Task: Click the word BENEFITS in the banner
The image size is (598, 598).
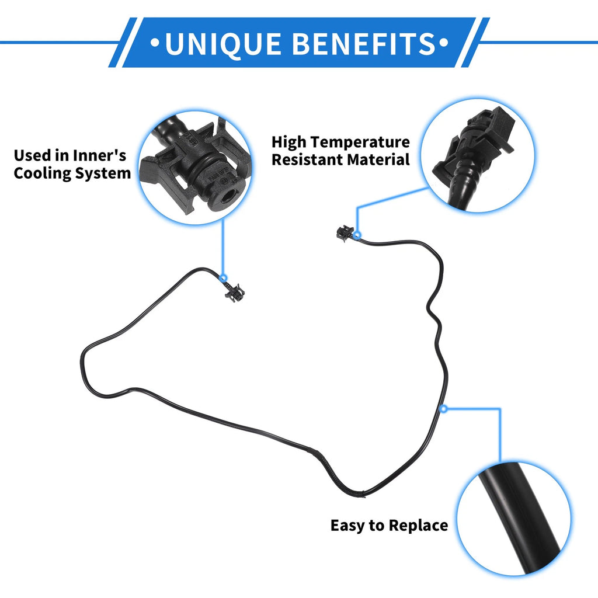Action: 364,43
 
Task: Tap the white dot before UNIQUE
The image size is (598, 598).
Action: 154,43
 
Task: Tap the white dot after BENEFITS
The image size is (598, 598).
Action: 444,43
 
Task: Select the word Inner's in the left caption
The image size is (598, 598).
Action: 99,155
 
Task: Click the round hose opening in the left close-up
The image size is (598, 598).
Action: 228,196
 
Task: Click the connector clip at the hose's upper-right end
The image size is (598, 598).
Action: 345,233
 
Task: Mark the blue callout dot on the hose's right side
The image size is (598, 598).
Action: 444,409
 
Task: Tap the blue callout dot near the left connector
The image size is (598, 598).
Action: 224,277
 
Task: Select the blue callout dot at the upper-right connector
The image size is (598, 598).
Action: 357,235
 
